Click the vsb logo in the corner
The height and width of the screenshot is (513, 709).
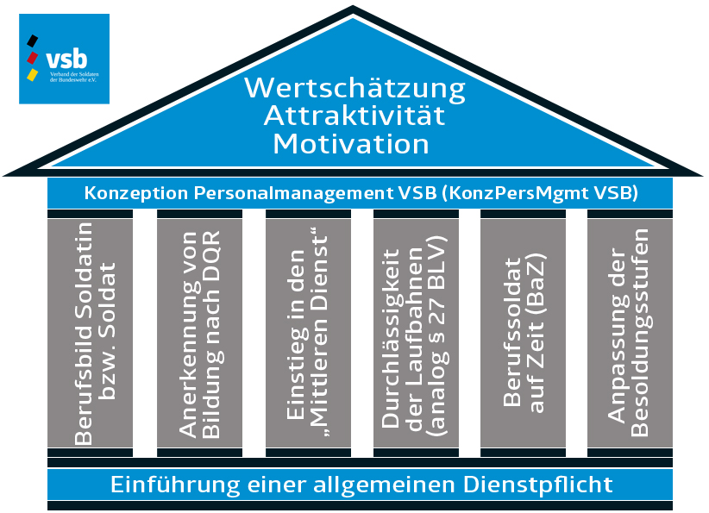(64, 59)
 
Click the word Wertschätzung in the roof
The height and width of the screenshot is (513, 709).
(354, 88)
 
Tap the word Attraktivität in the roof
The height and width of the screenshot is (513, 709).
(354, 116)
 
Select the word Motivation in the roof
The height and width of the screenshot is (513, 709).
(351, 143)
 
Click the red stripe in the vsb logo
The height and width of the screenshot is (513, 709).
(33, 58)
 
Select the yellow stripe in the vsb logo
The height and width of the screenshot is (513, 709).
(33, 75)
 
